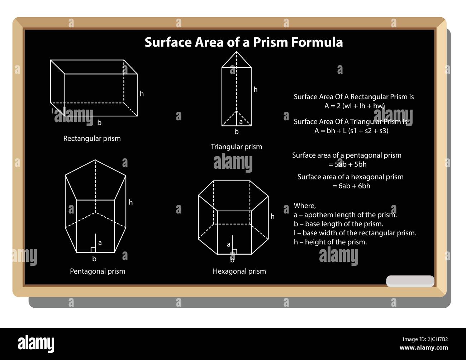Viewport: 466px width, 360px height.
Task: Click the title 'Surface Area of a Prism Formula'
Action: [x=243, y=42]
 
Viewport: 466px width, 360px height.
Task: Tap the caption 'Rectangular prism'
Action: [x=92, y=139]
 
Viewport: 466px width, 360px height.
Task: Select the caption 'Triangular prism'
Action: [x=236, y=147]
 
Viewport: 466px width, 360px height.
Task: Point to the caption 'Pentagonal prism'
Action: [x=98, y=271]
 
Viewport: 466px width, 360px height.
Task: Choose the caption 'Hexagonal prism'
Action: [x=239, y=271]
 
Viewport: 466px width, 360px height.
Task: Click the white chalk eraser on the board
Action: [x=410, y=281]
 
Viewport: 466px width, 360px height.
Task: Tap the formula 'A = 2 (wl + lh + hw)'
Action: [x=354, y=106]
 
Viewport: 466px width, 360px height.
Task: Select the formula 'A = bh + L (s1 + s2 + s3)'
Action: [x=351, y=131]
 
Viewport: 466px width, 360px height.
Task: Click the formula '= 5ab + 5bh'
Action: [x=347, y=164]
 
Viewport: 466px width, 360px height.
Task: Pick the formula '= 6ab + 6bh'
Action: [x=351, y=186]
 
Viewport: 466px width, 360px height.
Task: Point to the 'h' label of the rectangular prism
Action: [x=142, y=94]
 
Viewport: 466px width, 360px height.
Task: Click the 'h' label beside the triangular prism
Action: [x=255, y=90]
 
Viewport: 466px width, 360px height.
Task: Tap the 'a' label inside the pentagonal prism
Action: [x=100, y=243]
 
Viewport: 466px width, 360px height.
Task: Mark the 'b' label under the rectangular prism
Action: [x=99, y=123]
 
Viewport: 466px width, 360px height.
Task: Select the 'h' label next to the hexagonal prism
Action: [x=272, y=216]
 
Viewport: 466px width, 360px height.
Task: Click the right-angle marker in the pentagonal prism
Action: [x=93, y=250]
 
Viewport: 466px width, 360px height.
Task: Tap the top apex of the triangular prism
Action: [x=237, y=52]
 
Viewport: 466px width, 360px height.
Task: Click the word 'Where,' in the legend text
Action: [x=305, y=206]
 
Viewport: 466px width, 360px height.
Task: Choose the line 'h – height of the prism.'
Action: [x=330, y=242]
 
